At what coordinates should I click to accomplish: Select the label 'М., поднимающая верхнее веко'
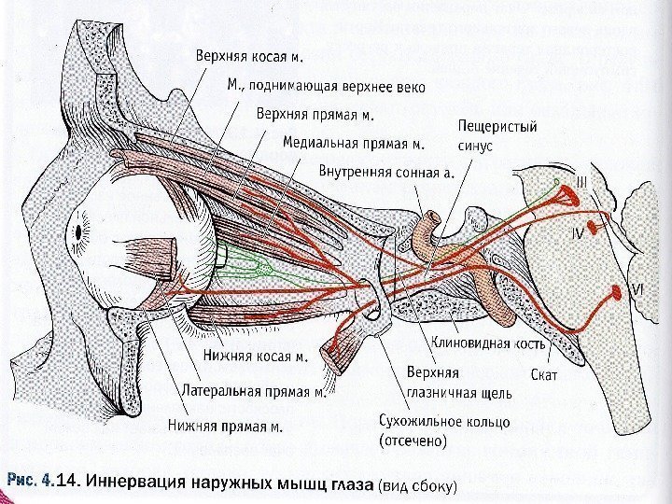pyautogui.click(x=326, y=87)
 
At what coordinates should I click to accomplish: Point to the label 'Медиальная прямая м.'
pyautogui.click(x=353, y=144)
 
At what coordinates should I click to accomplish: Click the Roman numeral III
pyautogui.click(x=581, y=184)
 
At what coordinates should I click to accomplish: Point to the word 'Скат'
pyautogui.click(x=543, y=375)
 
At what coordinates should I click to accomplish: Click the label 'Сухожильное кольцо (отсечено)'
pyautogui.click(x=442, y=430)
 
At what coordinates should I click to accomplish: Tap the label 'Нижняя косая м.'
pyautogui.click(x=255, y=356)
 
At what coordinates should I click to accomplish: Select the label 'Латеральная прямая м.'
pyautogui.click(x=255, y=391)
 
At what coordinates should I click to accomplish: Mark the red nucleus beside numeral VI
pyautogui.click(x=617, y=292)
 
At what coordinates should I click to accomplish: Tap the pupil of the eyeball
pyautogui.click(x=77, y=229)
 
